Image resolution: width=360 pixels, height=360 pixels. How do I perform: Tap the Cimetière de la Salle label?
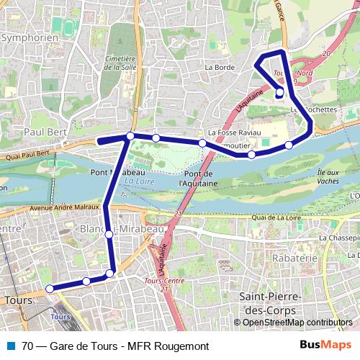click(120, 63)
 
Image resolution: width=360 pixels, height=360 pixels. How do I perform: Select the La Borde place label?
click(220, 67)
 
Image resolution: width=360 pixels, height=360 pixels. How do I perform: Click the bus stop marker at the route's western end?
click(50, 289)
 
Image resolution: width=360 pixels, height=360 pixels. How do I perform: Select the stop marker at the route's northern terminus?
click(279, 91)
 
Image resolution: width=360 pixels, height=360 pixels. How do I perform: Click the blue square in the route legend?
click(10, 346)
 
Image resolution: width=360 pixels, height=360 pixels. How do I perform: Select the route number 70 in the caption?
click(28, 346)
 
